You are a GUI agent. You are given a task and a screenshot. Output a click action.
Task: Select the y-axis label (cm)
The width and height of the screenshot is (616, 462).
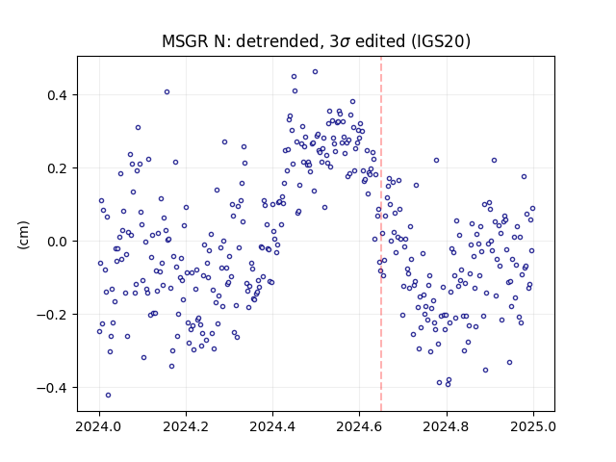pos(23,235)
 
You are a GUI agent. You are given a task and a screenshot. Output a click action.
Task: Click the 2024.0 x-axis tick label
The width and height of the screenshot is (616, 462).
pos(99,426)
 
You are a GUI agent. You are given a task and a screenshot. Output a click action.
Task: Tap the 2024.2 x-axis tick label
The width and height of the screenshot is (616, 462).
pos(186,426)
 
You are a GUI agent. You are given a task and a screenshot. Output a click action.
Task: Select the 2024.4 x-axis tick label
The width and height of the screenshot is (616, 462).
pos(272,426)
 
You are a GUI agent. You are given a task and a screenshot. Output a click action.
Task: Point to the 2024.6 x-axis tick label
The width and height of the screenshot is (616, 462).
pos(359,426)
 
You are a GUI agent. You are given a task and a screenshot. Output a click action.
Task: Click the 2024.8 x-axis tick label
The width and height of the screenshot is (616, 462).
pos(446,426)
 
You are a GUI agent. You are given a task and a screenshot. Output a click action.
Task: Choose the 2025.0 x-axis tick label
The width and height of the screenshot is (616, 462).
pos(532,426)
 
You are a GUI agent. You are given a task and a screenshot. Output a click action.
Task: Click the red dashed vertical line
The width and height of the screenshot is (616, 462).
pos(381,234)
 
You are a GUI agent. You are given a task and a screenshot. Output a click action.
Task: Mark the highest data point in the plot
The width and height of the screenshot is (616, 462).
pos(315,72)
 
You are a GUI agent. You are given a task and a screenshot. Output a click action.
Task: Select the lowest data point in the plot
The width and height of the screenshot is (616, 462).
pos(109,396)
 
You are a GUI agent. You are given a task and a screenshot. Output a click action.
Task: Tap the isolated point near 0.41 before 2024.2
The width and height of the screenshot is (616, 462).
pos(167,92)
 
